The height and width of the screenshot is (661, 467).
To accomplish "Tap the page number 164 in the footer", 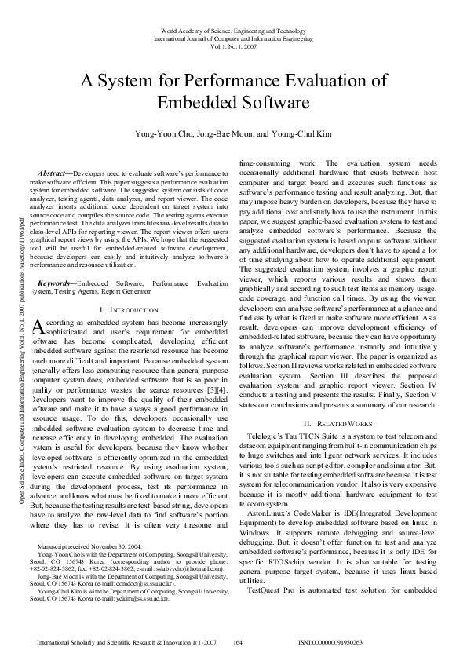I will coord(237,642).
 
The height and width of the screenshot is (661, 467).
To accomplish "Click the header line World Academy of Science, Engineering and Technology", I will coord(233,30).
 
